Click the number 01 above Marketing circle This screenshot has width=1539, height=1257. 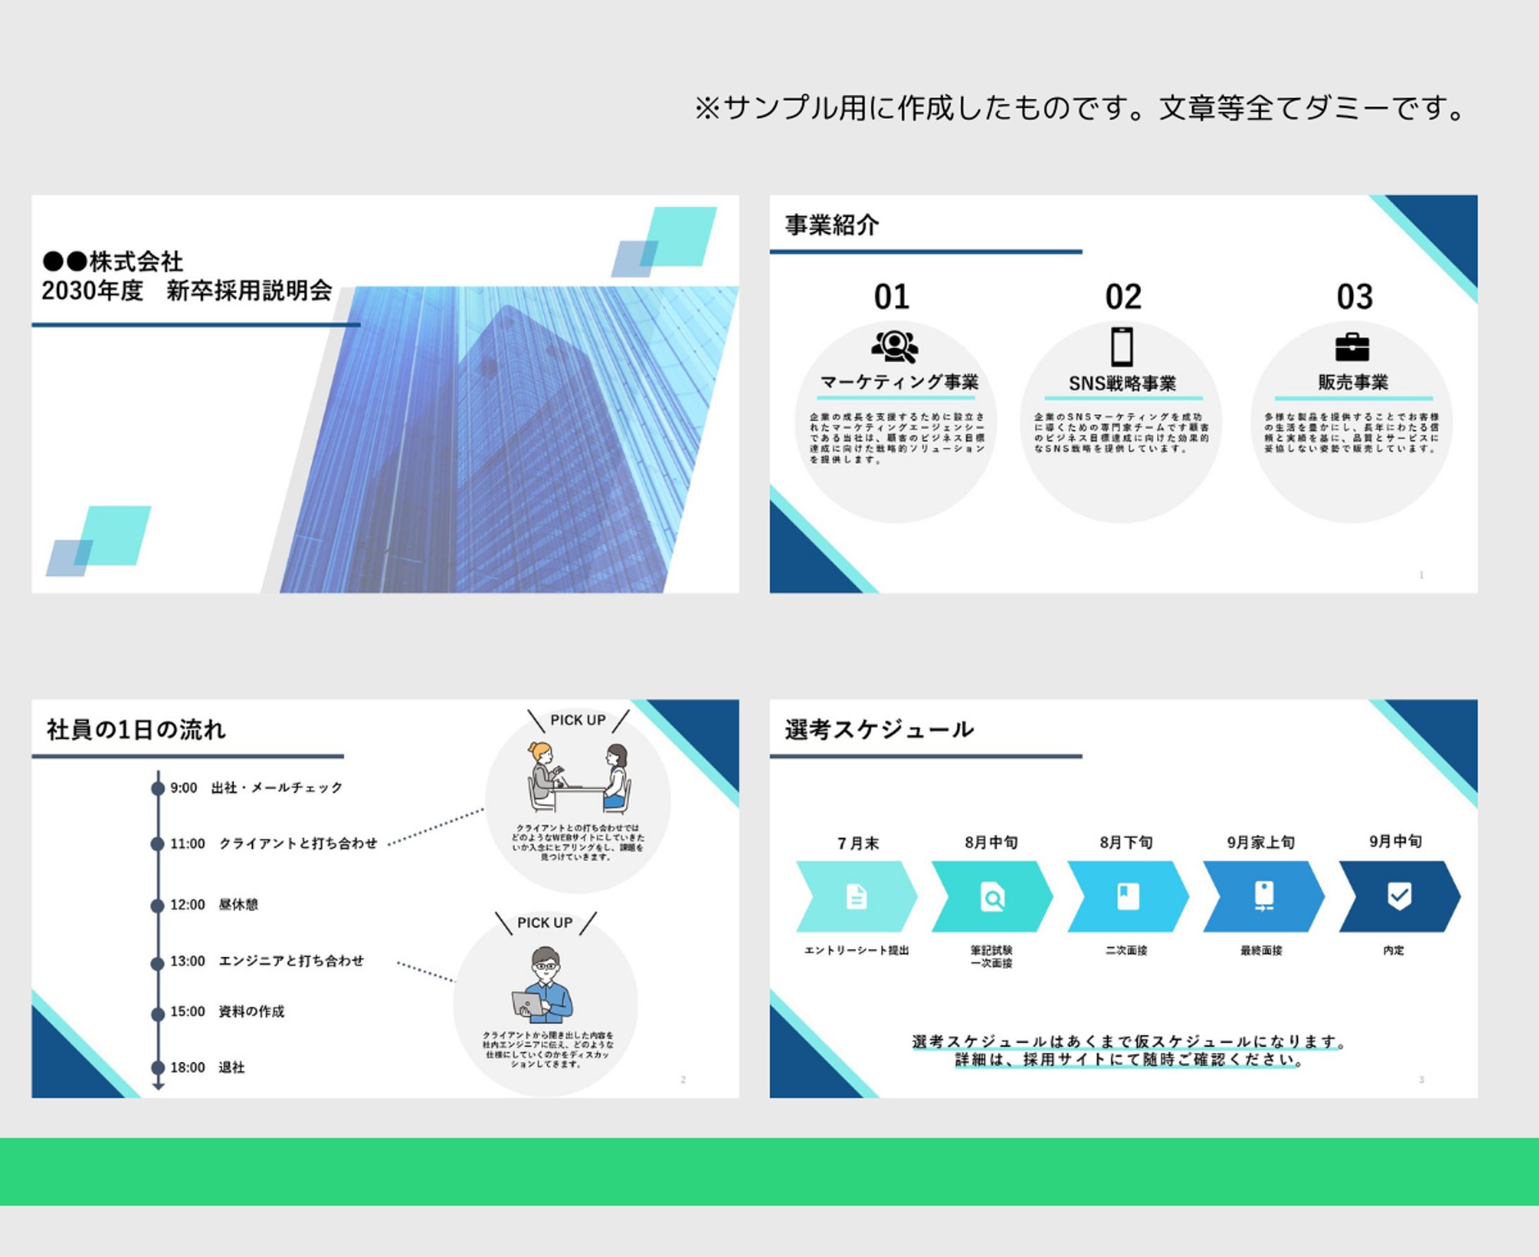click(891, 297)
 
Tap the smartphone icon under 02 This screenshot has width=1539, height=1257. click(1122, 347)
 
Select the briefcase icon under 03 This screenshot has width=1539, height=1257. click(1352, 347)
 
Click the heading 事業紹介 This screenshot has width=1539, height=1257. click(832, 225)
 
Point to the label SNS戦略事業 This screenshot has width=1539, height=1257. click(1122, 384)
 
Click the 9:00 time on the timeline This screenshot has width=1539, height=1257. click(184, 788)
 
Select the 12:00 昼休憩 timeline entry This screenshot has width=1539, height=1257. click(214, 905)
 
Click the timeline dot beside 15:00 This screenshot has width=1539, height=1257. click(158, 1015)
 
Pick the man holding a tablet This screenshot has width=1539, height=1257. click(545, 985)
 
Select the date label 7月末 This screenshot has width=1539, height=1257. click(858, 843)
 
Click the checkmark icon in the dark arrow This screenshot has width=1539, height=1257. click(1399, 896)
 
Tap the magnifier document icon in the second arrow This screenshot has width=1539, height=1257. click(991, 897)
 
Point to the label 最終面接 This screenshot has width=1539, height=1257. click(1261, 951)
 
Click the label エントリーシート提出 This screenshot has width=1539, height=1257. click(856, 951)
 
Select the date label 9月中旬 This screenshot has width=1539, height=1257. click(1395, 841)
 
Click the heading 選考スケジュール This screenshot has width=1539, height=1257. click(879, 730)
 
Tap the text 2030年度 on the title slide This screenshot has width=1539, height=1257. click(92, 291)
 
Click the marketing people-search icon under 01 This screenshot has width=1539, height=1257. click(895, 346)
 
